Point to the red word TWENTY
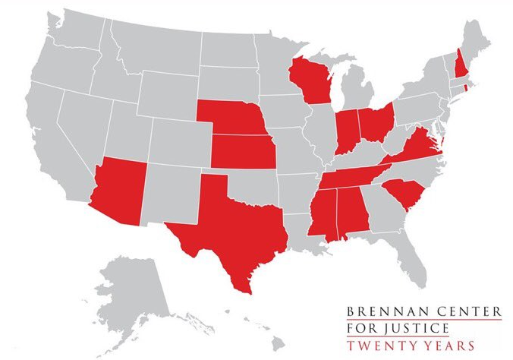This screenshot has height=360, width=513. [378, 346]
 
